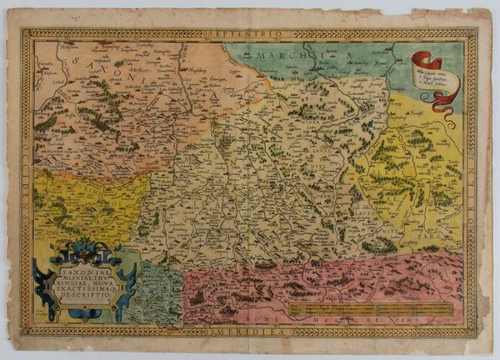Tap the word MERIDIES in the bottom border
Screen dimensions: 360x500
249,331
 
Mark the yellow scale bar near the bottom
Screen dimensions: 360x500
372,308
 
